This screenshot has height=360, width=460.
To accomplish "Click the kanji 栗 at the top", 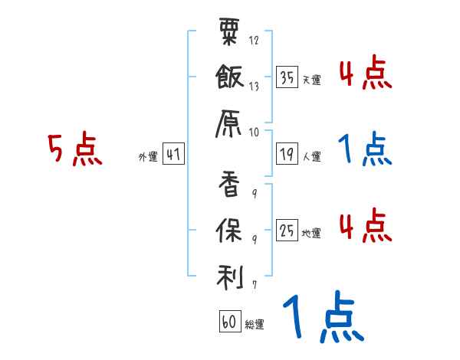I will click(x=230, y=33).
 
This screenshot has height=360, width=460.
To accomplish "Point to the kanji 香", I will click(x=231, y=185).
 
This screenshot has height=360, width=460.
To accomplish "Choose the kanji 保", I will click(x=231, y=229).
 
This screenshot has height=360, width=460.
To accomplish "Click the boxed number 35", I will click(x=287, y=78).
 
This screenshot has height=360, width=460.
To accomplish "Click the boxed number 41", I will click(x=172, y=155).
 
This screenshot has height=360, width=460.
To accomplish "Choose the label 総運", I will click(x=255, y=325).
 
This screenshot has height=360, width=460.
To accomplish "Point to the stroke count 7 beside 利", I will click(x=254, y=284).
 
